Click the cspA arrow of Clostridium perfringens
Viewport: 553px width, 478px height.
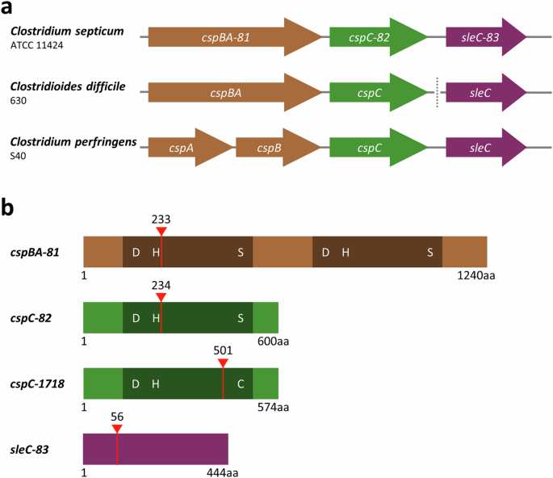point(190,147)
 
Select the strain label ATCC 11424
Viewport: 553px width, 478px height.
point(36,45)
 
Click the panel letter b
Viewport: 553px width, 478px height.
point(10,208)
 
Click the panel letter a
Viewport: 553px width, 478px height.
point(9,9)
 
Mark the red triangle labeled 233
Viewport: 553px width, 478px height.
point(161,232)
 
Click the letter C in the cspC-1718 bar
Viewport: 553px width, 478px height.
point(241,384)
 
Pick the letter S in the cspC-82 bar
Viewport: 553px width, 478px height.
point(241,318)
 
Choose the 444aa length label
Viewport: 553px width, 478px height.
point(223,472)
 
